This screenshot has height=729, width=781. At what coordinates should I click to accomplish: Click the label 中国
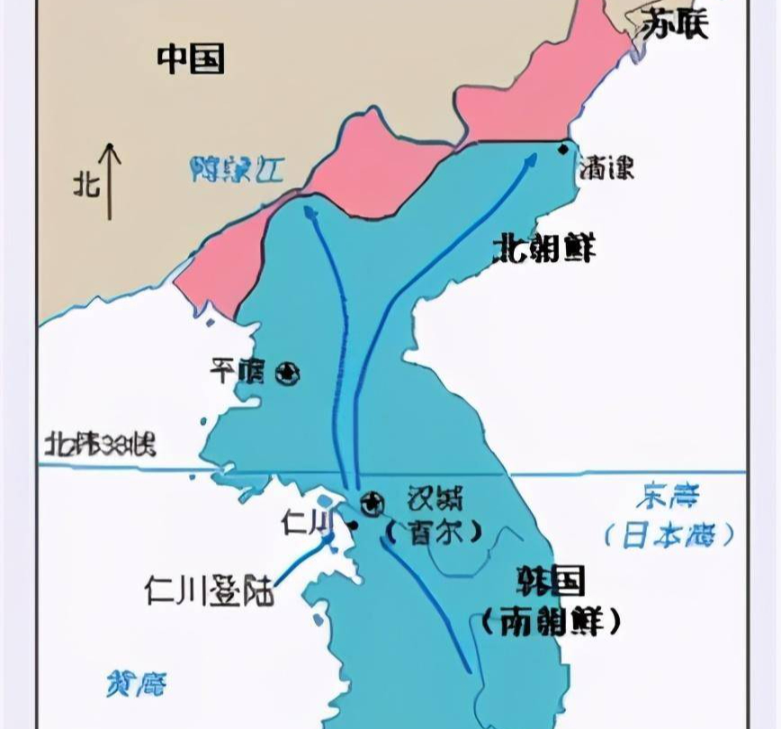click(x=191, y=58)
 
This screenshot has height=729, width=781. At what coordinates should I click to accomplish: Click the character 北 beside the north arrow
click(x=85, y=185)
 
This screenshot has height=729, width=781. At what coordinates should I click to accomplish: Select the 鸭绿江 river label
click(x=237, y=169)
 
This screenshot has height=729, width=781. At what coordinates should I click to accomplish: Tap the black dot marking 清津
click(x=563, y=148)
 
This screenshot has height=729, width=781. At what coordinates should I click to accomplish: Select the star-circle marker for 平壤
click(x=288, y=373)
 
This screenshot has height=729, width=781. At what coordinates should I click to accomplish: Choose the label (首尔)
click(x=435, y=533)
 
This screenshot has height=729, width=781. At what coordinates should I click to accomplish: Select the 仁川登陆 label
click(x=209, y=589)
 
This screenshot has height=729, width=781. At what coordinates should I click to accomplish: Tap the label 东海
click(x=667, y=496)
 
